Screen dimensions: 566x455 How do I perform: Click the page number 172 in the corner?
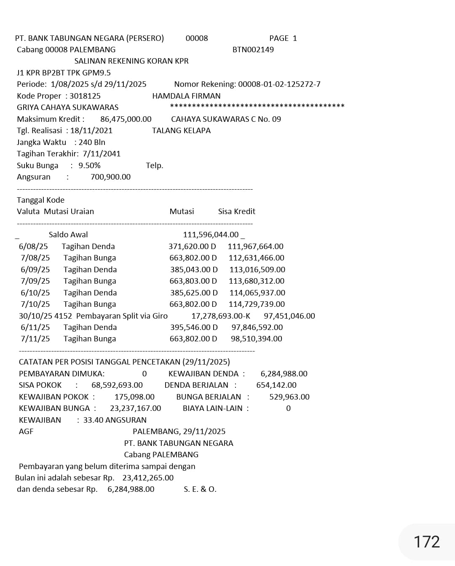click(x=426, y=542)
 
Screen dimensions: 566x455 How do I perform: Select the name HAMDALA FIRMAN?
click(x=186, y=96)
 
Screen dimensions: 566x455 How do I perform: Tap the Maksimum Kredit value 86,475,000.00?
click(x=126, y=119)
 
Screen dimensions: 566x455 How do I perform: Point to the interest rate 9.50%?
click(x=89, y=166)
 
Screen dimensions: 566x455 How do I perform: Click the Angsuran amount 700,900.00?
click(x=110, y=177)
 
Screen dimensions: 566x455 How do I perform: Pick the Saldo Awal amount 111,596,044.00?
click(x=211, y=235)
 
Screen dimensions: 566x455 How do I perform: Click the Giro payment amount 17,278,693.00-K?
click(x=220, y=316)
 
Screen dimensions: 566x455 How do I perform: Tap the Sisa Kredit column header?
click(x=236, y=212)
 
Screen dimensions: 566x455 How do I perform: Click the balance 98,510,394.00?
click(x=256, y=339)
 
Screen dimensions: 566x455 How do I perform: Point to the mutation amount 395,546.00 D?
click(x=194, y=327)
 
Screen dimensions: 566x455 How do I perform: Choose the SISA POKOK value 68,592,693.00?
click(x=117, y=385)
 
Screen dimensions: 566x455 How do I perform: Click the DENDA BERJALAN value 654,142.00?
click(x=276, y=385)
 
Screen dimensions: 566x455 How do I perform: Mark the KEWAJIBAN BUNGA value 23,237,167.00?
click(x=135, y=408)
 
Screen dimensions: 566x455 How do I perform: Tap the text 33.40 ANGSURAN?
click(x=115, y=420)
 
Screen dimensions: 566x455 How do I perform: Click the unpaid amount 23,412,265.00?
click(x=148, y=478)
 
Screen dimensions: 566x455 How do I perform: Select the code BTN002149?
click(x=253, y=50)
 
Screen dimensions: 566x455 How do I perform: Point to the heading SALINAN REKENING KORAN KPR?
click(x=131, y=61)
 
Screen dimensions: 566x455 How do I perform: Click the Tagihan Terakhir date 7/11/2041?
click(x=102, y=154)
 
